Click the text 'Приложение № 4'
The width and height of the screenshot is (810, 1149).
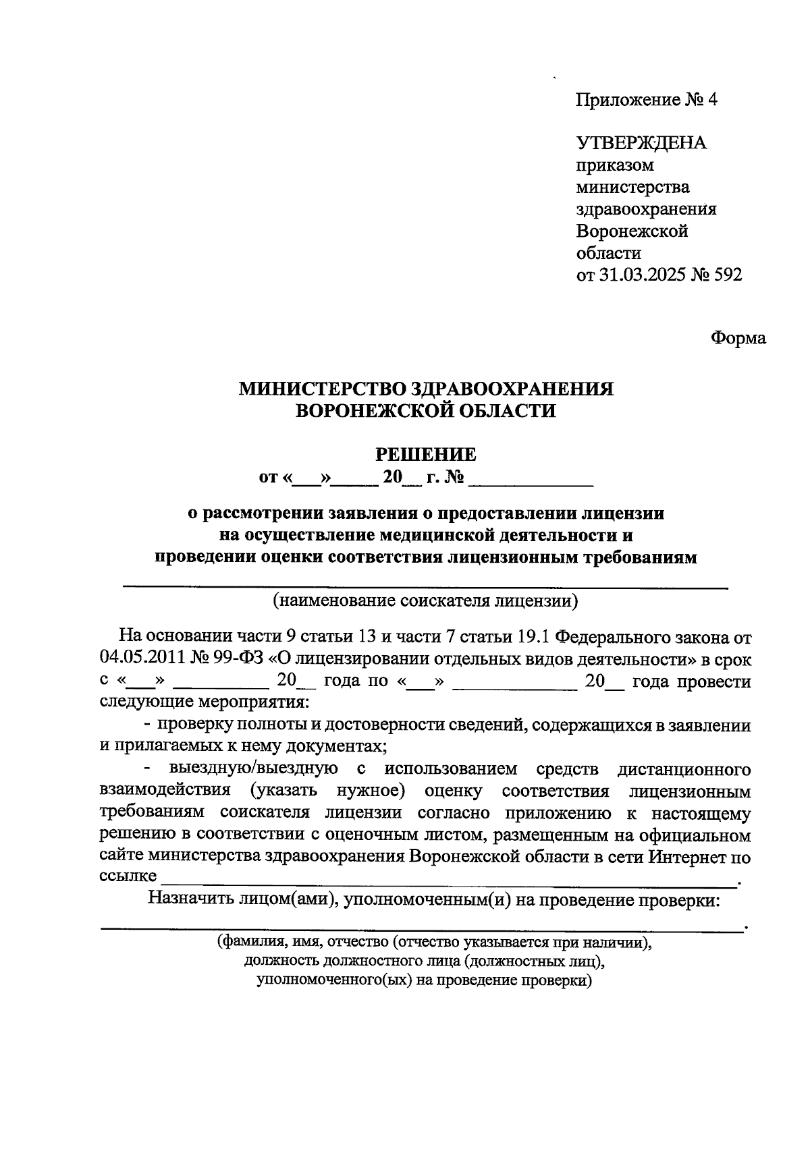pyautogui.click(x=646, y=100)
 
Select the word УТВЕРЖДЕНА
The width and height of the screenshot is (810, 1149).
pyautogui.click(x=641, y=143)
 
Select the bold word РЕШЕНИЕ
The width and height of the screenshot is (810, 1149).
pyautogui.click(x=425, y=454)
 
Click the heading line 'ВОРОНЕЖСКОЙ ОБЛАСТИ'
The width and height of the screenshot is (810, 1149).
pyautogui.click(x=426, y=410)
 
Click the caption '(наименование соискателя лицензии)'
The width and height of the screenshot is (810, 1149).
pyautogui.click(x=425, y=600)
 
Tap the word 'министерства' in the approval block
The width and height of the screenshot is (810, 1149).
pyautogui.click(x=632, y=187)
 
